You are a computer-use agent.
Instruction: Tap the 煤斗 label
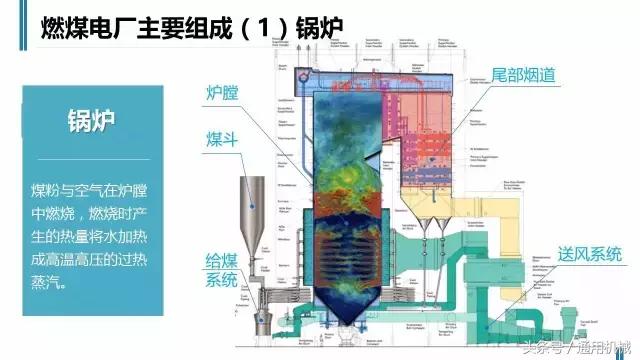point(222,136)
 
